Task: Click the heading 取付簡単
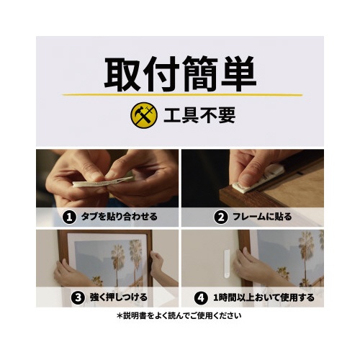180,74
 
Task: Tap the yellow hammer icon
144,115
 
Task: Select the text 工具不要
199,115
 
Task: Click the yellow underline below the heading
182,95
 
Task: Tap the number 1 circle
69,217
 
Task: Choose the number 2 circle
221,217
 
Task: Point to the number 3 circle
78,298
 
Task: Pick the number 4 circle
201,298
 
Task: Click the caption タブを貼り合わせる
120,217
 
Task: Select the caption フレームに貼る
262,217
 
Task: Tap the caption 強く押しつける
119,297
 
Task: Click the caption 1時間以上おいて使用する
264,298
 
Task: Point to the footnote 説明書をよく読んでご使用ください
179,316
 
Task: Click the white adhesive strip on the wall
226,264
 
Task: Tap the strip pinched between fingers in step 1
103,182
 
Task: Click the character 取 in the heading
122,74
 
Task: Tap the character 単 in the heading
238,74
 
